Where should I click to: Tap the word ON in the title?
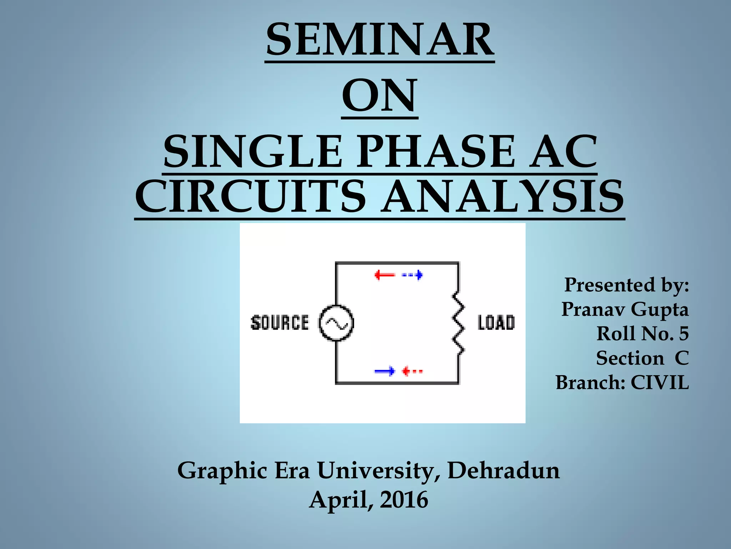click(379, 95)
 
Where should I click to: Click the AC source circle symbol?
click(336, 323)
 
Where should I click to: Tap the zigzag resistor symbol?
click(459, 323)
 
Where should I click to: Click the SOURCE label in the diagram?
click(280, 323)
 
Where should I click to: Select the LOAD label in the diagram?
click(496, 323)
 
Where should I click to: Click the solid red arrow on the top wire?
click(385, 275)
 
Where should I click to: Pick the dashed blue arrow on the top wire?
click(413, 275)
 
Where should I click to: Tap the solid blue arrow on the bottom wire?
click(385, 371)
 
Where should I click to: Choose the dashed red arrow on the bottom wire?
click(412, 371)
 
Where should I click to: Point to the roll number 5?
click(684, 334)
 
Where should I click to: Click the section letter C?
click(681, 358)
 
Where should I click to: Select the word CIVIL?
click(660, 382)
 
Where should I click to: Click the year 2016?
click(404, 500)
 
